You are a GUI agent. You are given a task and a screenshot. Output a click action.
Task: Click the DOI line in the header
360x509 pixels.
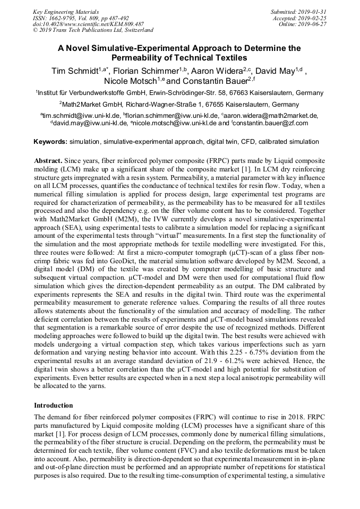click(88, 24)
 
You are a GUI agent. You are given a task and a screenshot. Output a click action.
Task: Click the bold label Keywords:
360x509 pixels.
click(50, 142)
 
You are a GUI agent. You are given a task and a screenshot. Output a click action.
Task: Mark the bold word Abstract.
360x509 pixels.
click(48, 160)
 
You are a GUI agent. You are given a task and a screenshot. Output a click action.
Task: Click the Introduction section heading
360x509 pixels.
click(54, 405)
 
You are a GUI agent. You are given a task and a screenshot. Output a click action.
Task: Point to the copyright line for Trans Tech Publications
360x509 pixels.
click(93, 30)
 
